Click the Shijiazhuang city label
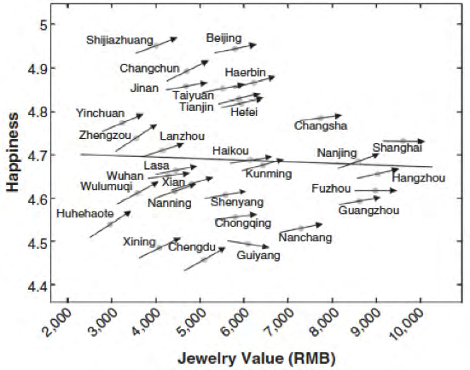pyautogui.click(x=119, y=39)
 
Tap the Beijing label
pyautogui.click(x=223, y=38)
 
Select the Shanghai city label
pyautogui.click(x=397, y=147)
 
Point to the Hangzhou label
pyautogui.click(x=418, y=177)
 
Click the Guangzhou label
pyautogui.click(x=369, y=210)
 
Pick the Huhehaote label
pyautogui.click(x=84, y=214)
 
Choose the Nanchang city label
pyautogui.click(x=305, y=238)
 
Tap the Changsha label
pyautogui.click(x=321, y=126)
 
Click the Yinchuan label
pyautogui.click(x=100, y=113)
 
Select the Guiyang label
pyautogui.click(x=257, y=255)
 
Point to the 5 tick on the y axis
pyautogui.click(x=41, y=23)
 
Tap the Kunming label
pyautogui.click(x=269, y=174)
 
